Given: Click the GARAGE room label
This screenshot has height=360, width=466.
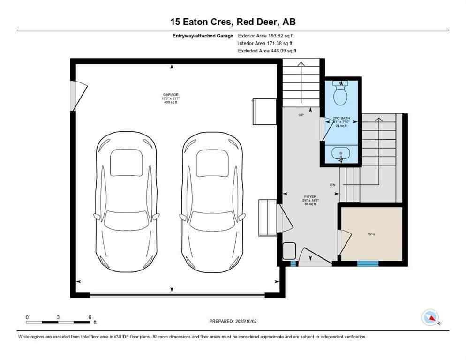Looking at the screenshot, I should pyautogui.click(x=167, y=94).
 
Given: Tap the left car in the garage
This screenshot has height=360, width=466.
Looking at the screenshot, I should pyautogui.click(x=126, y=202).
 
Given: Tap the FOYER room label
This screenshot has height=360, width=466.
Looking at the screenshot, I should pyautogui.click(x=310, y=197).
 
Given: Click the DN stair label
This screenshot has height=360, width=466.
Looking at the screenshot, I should pyautogui.click(x=333, y=185).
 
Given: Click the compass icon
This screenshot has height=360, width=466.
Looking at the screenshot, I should pyautogui.click(x=430, y=317).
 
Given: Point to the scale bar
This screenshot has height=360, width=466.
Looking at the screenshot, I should pyautogui.click(x=58, y=322).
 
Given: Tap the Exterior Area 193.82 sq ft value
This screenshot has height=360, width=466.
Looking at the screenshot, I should pyautogui.click(x=266, y=36).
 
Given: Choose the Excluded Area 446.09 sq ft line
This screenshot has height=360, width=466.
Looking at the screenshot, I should pyautogui.click(x=267, y=51).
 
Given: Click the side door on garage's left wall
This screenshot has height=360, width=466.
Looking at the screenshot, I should pyautogui.click(x=77, y=96).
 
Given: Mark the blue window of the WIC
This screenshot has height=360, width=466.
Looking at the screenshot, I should pyautogui.click(x=368, y=264).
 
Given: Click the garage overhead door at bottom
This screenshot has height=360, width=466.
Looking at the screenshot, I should pyautogui.click(x=177, y=295).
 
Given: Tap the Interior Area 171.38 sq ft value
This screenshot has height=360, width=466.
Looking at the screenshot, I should pyautogui.click(x=265, y=43).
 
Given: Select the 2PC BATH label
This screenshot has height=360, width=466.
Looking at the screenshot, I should pyautogui.click(x=341, y=118).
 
